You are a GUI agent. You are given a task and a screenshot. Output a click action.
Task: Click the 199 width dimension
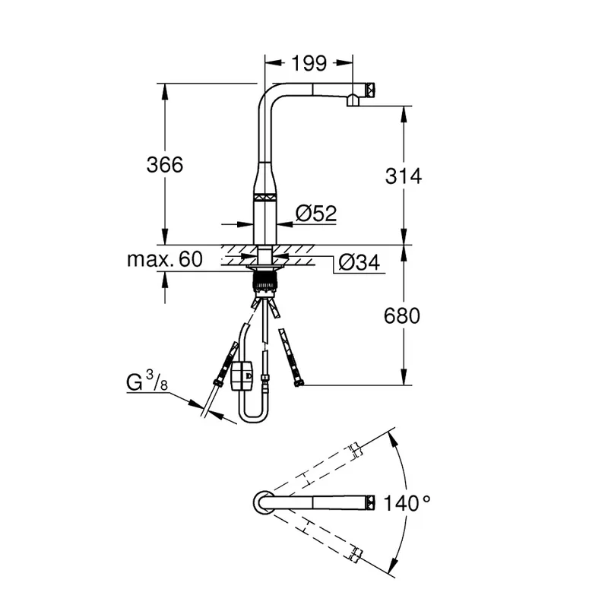tap(309, 63)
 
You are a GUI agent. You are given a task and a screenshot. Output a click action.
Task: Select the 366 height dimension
tap(165, 164)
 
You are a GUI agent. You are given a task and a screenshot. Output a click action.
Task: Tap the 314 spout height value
tap(404, 176)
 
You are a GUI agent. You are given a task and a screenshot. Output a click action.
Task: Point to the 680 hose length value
tap(402, 315)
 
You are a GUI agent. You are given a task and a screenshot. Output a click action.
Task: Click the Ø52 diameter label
tap(316, 213)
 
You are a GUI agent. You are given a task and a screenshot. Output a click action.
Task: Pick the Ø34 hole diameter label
tap(359, 262)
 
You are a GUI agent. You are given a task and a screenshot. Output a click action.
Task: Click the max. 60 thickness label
tap(165, 259)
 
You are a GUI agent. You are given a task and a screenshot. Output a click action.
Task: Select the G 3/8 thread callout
tap(147, 381)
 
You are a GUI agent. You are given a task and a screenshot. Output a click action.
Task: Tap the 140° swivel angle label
tap(407, 503)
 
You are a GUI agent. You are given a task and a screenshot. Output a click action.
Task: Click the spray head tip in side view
tap(370, 90)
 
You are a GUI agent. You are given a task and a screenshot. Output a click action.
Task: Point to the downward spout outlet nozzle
tap(353, 100)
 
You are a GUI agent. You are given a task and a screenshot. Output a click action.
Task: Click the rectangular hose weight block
tap(241, 375)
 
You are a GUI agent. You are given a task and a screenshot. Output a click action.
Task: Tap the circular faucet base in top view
tap(264, 502)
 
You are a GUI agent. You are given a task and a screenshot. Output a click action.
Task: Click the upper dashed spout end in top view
tap(356, 451)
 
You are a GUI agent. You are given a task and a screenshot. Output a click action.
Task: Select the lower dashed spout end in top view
tap(356, 555)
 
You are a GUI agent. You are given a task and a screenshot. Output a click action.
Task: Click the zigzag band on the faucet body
tap(264, 197)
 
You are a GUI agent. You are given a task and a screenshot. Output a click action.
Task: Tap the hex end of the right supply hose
tap(298, 384)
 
